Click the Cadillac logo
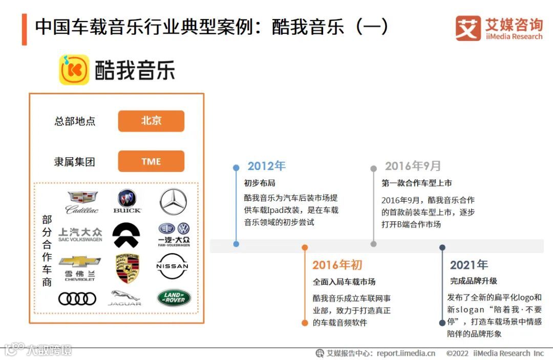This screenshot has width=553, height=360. tap(82, 202)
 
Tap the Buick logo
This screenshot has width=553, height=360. tap(127, 201)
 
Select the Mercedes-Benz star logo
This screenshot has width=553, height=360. tap(173, 201)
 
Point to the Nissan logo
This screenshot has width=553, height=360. tap(172, 266)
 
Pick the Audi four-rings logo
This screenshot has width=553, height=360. tap(77, 299)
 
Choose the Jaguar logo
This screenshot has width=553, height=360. tap(125, 298)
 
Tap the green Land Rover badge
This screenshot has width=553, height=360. tap(174, 298)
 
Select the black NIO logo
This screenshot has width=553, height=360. tap(126, 235)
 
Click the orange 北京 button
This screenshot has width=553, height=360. tap(151, 121)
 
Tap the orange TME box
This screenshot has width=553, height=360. tap(151, 161)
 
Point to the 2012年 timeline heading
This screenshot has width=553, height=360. tap(266, 166)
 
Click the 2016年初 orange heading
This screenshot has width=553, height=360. tap(337, 265)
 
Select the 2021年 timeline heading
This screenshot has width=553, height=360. tap(469, 265)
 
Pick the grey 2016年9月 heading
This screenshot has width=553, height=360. tap(413, 166)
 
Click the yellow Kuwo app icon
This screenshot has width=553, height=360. tap(74, 70)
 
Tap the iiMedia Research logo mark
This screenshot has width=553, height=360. tap(468, 28)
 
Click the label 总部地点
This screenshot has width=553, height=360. tap(75, 121)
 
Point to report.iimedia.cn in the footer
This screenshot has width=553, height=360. tap(406, 353)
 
